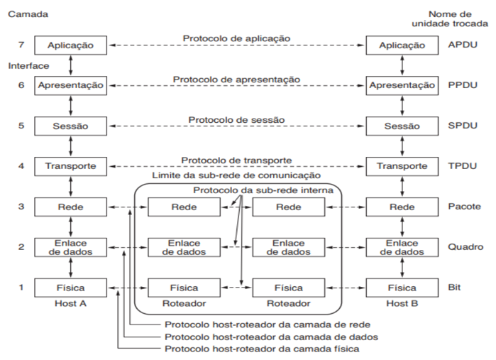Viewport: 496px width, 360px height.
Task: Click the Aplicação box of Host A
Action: (70, 45)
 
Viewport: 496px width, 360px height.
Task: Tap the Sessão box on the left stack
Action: (70, 126)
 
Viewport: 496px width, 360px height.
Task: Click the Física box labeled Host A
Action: (70, 288)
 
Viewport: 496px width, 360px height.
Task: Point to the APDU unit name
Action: (462, 45)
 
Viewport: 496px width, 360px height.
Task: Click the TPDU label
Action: (462, 167)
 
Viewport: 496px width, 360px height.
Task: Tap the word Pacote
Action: (464, 207)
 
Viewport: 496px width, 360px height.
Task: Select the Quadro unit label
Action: (465, 247)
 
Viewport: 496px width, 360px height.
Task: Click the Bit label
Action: (455, 288)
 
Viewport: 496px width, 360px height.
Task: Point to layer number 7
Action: (21, 45)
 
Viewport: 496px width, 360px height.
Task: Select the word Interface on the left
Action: (26, 65)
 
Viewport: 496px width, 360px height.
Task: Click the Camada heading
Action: (24, 14)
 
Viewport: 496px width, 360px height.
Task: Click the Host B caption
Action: (402, 302)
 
